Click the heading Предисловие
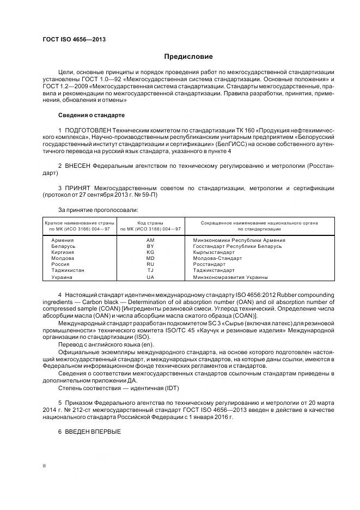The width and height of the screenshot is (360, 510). (x=188, y=57)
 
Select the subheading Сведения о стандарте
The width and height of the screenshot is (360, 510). (x=91, y=116)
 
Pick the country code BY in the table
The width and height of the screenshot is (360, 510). (x=150, y=246)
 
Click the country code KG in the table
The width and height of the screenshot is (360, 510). (x=150, y=252)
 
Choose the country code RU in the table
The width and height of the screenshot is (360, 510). (x=150, y=264)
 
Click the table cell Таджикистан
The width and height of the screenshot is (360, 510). (x=68, y=270)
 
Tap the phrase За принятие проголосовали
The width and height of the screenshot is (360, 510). (x=97, y=210)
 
